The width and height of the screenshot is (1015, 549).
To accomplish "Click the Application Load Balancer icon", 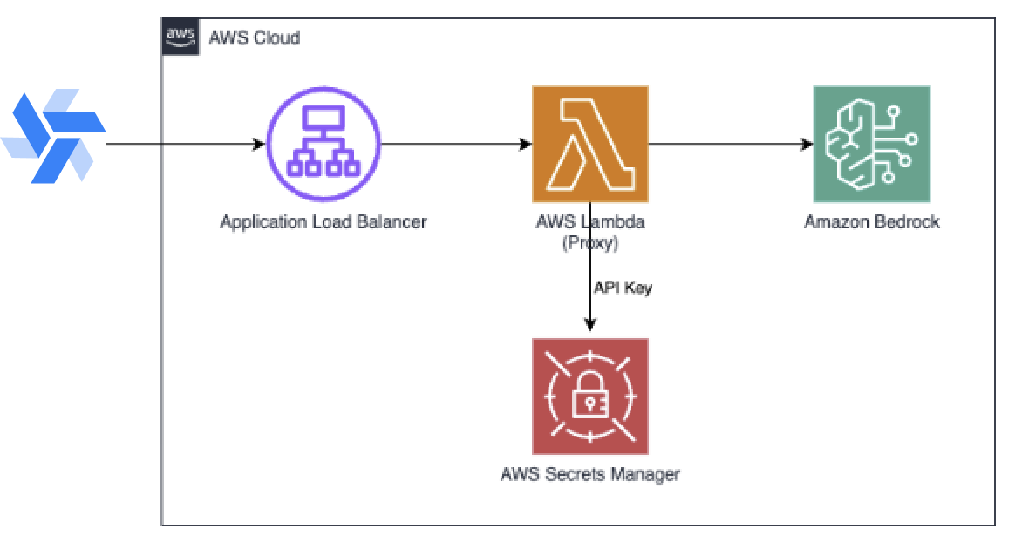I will (x=324, y=144).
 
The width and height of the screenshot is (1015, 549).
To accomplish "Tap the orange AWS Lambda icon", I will (x=590, y=144).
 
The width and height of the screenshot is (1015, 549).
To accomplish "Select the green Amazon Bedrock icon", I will (x=871, y=144).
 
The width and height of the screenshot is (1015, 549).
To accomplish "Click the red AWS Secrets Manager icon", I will (x=590, y=396).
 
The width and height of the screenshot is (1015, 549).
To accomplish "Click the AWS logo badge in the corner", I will (x=180, y=37).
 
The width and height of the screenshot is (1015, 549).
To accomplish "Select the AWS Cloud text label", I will (x=255, y=37).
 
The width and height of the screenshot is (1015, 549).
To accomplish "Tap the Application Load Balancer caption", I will (x=324, y=222).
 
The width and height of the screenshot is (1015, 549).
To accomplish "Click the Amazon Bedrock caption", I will (x=871, y=222).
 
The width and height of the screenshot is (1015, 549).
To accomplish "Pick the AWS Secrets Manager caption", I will (x=590, y=475).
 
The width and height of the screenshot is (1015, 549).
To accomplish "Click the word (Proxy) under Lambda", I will (x=590, y=243).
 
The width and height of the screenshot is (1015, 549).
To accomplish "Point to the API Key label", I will (x=623, y=288).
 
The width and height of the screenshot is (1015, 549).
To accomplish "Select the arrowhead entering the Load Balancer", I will (x=259, y=144).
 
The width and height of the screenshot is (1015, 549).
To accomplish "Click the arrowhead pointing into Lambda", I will (x=526, y=144).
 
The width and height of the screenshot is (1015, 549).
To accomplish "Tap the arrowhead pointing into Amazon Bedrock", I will (x=807, y=144).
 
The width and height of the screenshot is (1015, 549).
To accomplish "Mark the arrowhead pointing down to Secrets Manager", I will (x=590, y=326).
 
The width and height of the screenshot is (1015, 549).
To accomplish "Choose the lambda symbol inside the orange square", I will (x=590, y=144).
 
